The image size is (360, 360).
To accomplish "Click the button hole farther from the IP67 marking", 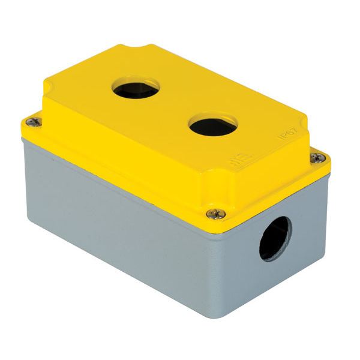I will point(136,88).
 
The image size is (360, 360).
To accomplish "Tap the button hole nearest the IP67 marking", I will point(212,125).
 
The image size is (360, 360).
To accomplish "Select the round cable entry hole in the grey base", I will point(275,238).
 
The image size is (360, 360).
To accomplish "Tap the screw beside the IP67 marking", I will point(319,158).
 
